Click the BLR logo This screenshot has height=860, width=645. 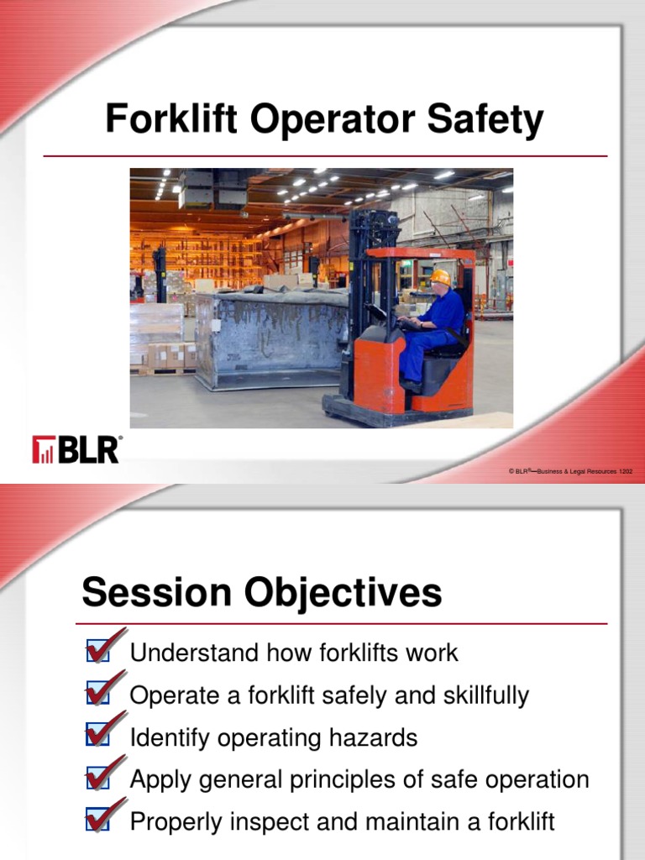76,449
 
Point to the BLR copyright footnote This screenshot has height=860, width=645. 570,472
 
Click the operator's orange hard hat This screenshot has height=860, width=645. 439,277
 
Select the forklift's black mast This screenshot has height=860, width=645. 363,277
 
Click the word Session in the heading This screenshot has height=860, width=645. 156,594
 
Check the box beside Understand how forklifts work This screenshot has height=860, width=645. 97,652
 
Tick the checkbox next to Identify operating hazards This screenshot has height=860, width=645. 97,737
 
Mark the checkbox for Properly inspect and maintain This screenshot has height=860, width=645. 97,821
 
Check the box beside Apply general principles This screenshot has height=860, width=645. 97,779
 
